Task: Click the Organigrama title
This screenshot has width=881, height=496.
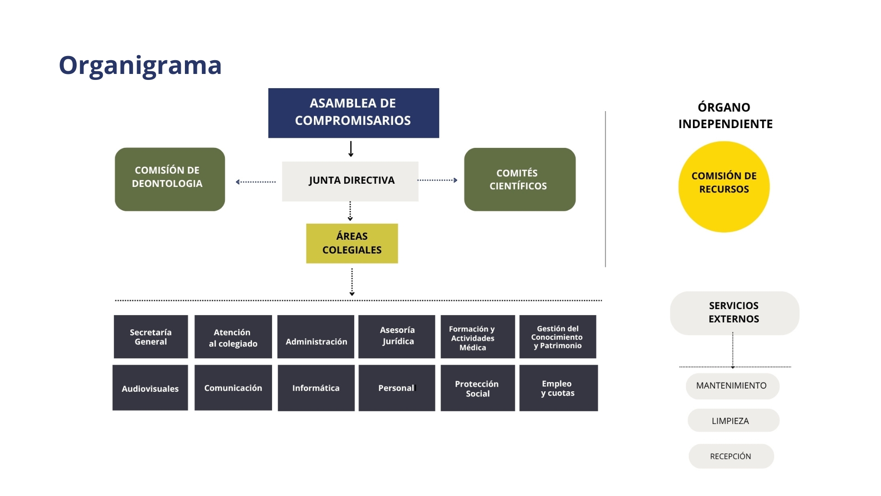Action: click(140, 66)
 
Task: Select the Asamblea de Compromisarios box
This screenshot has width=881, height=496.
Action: click(354, 113)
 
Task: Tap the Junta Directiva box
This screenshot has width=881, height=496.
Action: click(350, 181)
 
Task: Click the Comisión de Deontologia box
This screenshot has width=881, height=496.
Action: click(170, 179)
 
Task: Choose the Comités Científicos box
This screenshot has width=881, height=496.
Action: click(520, 179)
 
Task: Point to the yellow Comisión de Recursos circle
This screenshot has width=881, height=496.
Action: click(724, 186)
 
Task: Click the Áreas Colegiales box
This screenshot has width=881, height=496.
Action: click(352, 243)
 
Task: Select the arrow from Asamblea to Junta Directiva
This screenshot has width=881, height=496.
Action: click(351, 149)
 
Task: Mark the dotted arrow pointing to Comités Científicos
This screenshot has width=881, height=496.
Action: click(437, 180)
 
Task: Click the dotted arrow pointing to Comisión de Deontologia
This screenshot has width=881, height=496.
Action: click(256, 182)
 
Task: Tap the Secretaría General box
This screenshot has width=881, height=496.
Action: click(151, 337)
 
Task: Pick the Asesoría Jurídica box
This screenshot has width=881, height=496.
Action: click(397, 337)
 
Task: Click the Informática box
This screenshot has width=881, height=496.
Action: click(316, 388)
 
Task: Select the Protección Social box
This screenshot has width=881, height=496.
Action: click(478, 388)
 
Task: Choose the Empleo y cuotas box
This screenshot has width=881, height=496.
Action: click(558, 388)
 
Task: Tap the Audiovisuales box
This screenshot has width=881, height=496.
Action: click(150, 388)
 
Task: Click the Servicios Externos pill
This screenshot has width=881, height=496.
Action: click(735, 313)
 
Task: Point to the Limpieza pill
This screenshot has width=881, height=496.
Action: click(733, 420)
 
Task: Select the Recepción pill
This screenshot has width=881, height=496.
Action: click(731, 456)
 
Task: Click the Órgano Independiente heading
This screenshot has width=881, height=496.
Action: click(725, 116)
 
